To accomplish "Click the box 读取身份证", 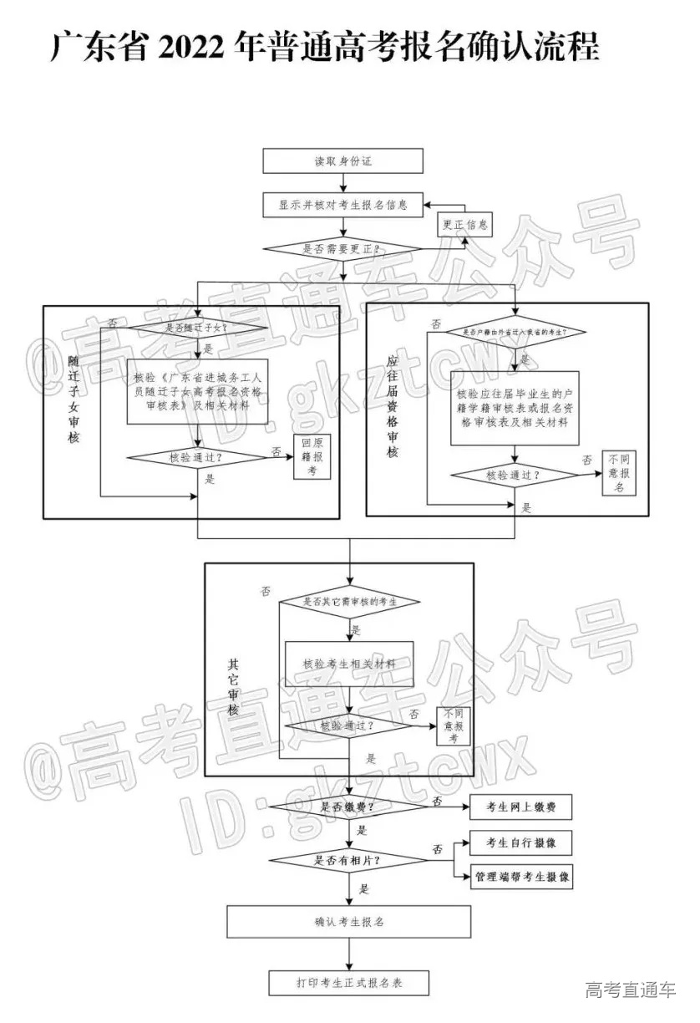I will [342, 160].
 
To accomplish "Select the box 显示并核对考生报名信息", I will [342, 205].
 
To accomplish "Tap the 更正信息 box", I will [465, 226].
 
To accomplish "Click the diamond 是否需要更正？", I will [342, 249].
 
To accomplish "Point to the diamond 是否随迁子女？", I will [198, 328].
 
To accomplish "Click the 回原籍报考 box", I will [312, 458].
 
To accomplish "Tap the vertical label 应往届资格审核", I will [393, 405].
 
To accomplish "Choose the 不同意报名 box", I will [618, 474].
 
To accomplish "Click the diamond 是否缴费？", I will [347, 807].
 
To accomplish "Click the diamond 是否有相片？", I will [347, 860].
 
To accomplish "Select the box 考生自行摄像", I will [521, 843].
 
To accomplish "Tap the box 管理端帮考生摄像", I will [521, 877].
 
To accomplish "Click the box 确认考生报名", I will [349, 923].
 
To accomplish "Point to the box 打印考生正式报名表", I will [349, 983].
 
